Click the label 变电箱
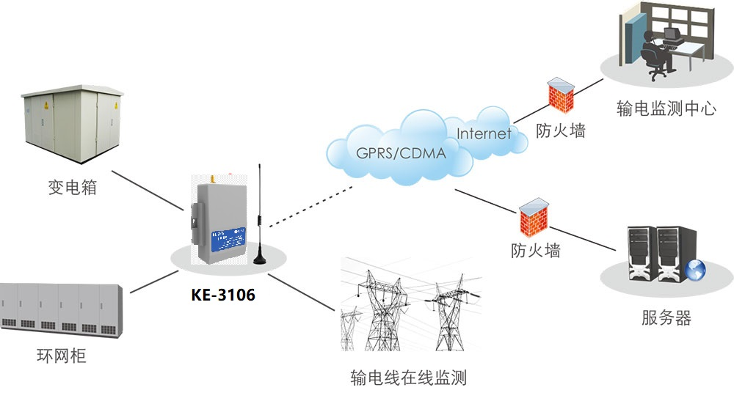pyautogui.click(x=72, y=188)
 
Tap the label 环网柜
pyautogui.click(x=62, y=357)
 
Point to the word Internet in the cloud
pyautogui.click(x=484, y=133)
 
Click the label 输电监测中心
pyautogui.click(x=666, y=110)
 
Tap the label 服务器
pyautogui.click(x=666, y=318)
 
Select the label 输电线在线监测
pyautogui.click(x=409, y=378)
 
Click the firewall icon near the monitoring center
pyautogui.click(x=561, y=95)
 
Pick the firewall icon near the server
pyautogui.click(x=534, y=216)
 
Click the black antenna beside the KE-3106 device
pyautogui.click(x=260, y=220)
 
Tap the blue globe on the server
pyautogui.click(x=694, y=270)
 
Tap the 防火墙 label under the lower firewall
pyautogui.click(x=536, y=250)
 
